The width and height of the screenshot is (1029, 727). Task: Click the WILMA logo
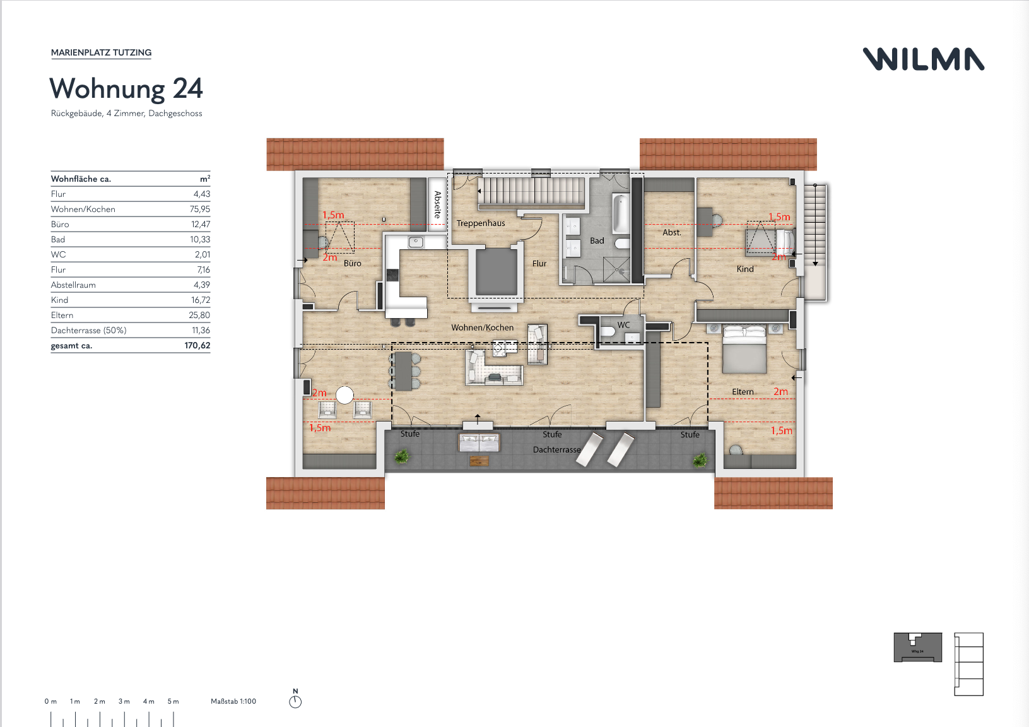click(x=924, y=59)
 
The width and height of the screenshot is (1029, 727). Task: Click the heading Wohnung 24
click(x=126, y=88)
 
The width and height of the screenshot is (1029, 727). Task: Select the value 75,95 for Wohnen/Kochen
click(x=200, y=209)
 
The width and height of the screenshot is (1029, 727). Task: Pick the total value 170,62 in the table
click(x=197, y=345)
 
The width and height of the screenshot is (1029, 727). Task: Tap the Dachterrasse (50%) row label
click(x=89, y=330)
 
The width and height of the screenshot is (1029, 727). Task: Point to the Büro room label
click(x=352, y=263)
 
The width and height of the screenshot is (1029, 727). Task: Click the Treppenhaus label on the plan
click(x=481, y=223)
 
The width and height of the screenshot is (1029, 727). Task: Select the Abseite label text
click(x=437, y=204)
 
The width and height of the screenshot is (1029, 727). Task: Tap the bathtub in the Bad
click(x=621, y=214)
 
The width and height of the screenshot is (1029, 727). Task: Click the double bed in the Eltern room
click(x=744, y=349)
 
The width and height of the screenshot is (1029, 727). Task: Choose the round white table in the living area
click(x=344, y=395)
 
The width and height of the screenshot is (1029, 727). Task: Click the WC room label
click(x=623, y=325)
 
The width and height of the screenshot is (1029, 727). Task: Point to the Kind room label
click(x=745, y=269)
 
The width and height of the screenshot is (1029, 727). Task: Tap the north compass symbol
click(x=295, y=701)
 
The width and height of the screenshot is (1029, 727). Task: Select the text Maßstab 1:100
click(x=233, y=701)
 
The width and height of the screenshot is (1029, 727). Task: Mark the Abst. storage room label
click(x=672, y=232)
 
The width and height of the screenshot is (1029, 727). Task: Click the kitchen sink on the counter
click(x=416, y=242)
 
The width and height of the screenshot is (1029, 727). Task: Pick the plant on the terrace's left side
click(x=401, y=457)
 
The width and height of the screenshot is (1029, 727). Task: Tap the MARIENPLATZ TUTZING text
click(x=101, y=52)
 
